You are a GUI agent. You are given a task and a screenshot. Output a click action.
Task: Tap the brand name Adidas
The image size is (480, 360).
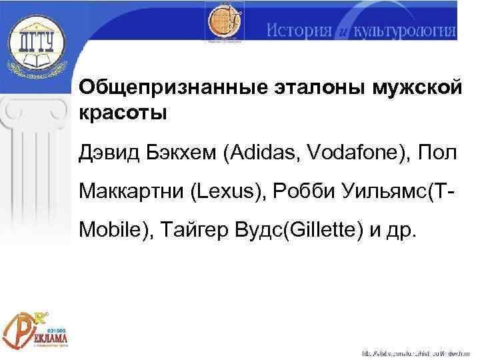[264, 155]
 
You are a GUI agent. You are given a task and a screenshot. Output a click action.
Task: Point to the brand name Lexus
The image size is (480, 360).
[223, 194]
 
